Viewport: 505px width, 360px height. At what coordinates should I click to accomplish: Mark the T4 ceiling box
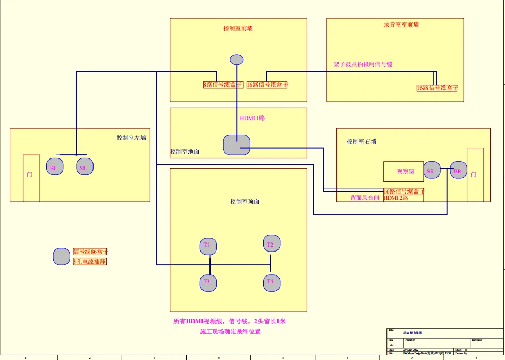coord(271,282)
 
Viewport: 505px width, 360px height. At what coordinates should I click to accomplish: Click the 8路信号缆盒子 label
coord(223,85)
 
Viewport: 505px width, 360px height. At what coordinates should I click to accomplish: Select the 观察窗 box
coord(403,171)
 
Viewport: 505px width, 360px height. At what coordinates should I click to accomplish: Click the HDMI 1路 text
coord(252,118)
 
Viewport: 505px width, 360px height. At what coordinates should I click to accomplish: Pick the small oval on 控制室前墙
coord(237,60)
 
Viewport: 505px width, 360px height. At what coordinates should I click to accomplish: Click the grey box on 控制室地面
coord(237,145)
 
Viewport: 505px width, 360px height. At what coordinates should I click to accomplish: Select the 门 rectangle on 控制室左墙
coord(31,178)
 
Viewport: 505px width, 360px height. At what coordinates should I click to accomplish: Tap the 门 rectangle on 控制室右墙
coord(475,175)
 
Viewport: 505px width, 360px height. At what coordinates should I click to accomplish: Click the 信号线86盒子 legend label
coord(90,252)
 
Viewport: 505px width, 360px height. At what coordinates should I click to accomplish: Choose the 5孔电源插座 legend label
coord(90,262)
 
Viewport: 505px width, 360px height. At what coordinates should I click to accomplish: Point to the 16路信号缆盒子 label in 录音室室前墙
coord(437,88)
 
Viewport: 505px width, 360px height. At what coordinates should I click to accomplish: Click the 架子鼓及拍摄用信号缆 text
coord(363,64)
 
